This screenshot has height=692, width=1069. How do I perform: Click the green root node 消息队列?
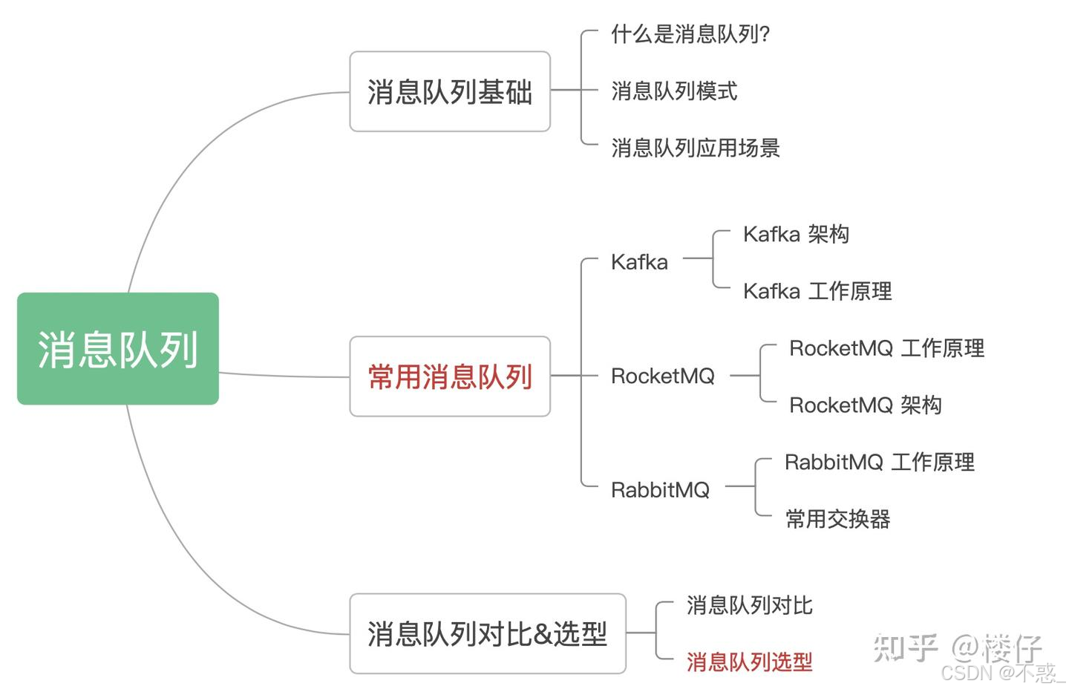pos(118,349)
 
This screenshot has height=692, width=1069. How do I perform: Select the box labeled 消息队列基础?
pos(450,92)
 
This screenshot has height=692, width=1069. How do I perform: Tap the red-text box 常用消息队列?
pos(450,376)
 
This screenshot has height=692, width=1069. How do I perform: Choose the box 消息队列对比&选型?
pos(488,634)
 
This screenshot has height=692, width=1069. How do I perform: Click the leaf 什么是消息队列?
pos(690,34)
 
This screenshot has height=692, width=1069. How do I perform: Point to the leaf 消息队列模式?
pos(674,91)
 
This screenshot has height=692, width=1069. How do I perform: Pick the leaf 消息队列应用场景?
pos(696,148)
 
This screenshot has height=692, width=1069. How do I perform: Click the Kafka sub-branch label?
pos(639,262)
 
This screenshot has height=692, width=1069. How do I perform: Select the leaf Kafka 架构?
pos(796,235)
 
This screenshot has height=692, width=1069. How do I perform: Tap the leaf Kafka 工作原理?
pos(817,291)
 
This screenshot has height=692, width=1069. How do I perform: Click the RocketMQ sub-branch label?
pos(662,376)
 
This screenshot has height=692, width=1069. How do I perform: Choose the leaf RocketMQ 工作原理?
pos(886,348)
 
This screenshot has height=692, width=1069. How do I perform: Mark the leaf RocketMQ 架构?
pos(865,405)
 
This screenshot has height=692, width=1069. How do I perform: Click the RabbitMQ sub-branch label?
pos(660,490)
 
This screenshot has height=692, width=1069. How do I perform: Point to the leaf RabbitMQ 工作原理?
pos(879,463)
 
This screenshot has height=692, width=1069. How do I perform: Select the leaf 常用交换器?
pos(837,519)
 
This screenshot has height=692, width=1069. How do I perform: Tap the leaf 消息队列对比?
pos(749,606)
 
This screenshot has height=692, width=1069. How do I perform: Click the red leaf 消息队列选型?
pos(749,662)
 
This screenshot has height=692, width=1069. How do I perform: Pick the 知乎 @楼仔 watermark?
pos(958,648)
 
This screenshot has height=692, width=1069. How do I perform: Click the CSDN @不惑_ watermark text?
pos(1002,673)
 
